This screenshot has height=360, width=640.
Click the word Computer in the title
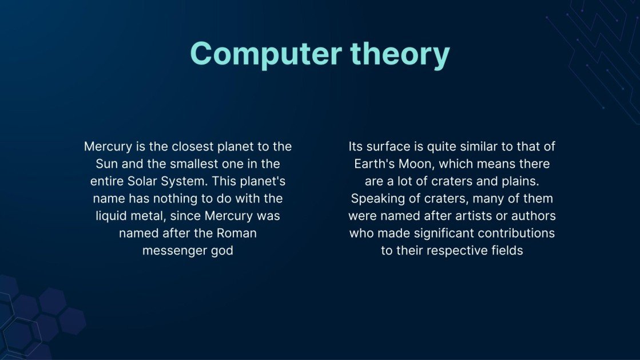266,54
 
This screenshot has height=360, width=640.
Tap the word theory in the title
400,54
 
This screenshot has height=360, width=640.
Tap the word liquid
111,216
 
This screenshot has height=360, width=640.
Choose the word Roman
236,234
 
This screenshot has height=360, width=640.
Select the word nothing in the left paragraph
173,199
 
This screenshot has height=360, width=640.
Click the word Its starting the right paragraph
356,147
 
